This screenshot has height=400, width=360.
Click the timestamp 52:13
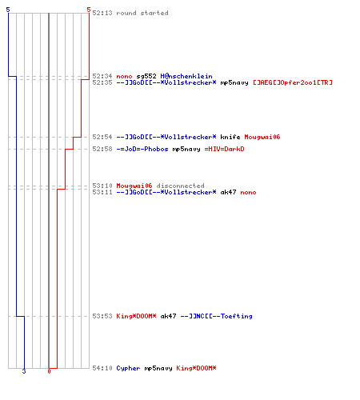coord(102,13)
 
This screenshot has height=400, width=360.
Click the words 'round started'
coord(142,13)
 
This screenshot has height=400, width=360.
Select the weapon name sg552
coord(146,76)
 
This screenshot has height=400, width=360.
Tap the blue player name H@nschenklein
coord(186,76)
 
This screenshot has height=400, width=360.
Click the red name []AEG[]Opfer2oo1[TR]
coord(293,82)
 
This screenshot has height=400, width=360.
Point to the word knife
coord(230,137)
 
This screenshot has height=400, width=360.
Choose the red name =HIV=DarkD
coord(224,149)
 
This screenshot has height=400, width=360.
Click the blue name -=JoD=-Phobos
coord(142,149)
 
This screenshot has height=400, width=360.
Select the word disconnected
coord(180,186)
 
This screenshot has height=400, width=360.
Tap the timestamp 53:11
coord(102,192)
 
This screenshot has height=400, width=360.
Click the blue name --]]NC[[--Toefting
coord(216,316)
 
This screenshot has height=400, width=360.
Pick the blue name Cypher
coord(128,368)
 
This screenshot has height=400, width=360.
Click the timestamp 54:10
coord(102,368)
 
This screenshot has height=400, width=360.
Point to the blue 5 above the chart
coord(8,10)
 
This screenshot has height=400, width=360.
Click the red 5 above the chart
coord(89,10)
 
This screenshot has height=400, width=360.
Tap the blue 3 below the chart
coord(24,371)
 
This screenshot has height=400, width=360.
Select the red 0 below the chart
coord(49,371)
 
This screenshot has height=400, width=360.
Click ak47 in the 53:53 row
coord(168,316)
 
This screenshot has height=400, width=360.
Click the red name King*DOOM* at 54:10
coord(196,368)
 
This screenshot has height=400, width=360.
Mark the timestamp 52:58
coord(102,149)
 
